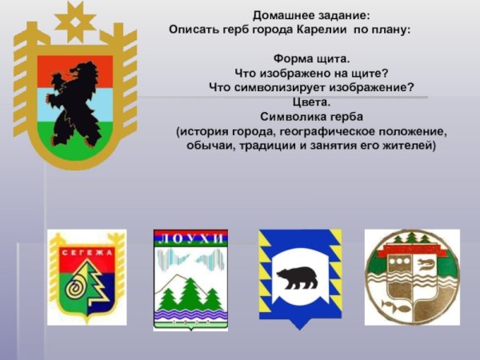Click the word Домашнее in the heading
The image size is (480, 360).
[283, 15]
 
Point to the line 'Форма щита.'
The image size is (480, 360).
[311, 58]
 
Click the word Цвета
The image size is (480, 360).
[311, 102]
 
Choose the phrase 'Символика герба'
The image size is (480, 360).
[311, 116]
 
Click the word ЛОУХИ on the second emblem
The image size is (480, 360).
[190, 238]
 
